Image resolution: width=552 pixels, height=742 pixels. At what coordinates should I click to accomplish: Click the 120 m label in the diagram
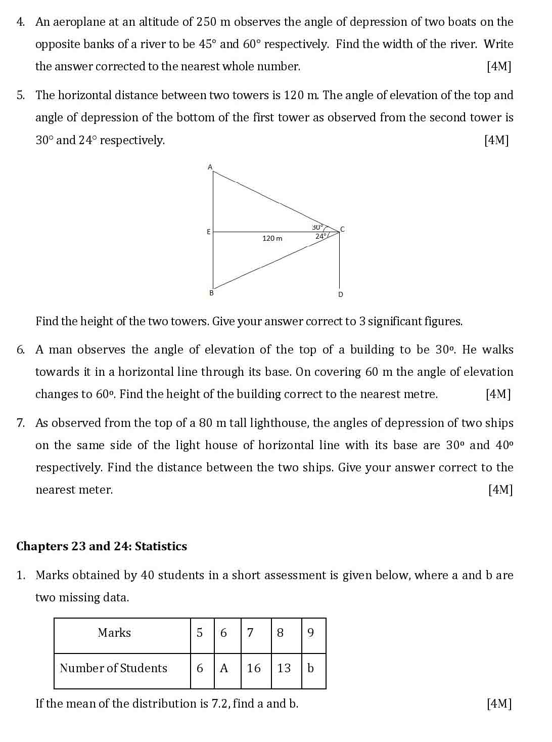(272, 238)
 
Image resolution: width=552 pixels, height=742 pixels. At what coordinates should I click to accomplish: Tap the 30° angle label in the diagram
(317, 228)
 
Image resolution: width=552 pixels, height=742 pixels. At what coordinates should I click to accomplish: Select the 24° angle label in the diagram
(321, 236)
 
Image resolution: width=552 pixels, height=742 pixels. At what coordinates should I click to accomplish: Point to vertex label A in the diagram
(210, 166)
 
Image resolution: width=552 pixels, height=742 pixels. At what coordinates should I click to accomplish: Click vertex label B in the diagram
(211, 293)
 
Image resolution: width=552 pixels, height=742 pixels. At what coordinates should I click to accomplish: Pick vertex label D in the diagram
(340, 294)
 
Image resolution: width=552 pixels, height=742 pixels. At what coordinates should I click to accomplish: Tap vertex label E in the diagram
(208, 232)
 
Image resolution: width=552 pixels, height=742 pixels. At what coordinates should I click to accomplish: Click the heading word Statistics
(161, 546)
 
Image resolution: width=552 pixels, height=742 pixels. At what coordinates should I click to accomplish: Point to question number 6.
(20, 350)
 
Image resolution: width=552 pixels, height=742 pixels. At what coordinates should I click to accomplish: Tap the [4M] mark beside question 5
(496, 140)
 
